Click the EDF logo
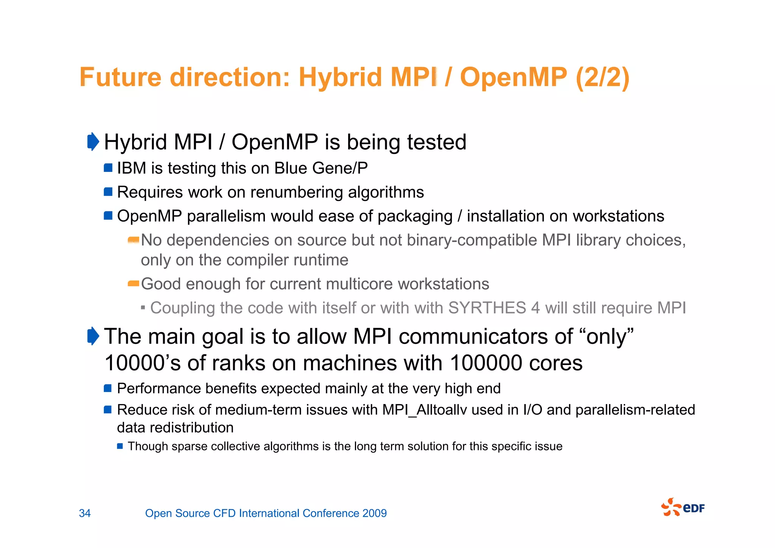click(683, 507)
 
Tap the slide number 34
click(85, 513)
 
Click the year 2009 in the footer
click(374, 513)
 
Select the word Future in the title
click(120, 77)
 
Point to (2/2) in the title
click(602, 77)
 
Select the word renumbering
click(296, 192)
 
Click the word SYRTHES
click(487, 308)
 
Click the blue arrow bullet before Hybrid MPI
click(93, 142)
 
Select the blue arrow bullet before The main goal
click(93, 336)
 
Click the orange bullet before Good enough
click(133, 283)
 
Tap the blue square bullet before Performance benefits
click(108, 388)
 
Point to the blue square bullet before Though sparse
click(120, 446)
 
